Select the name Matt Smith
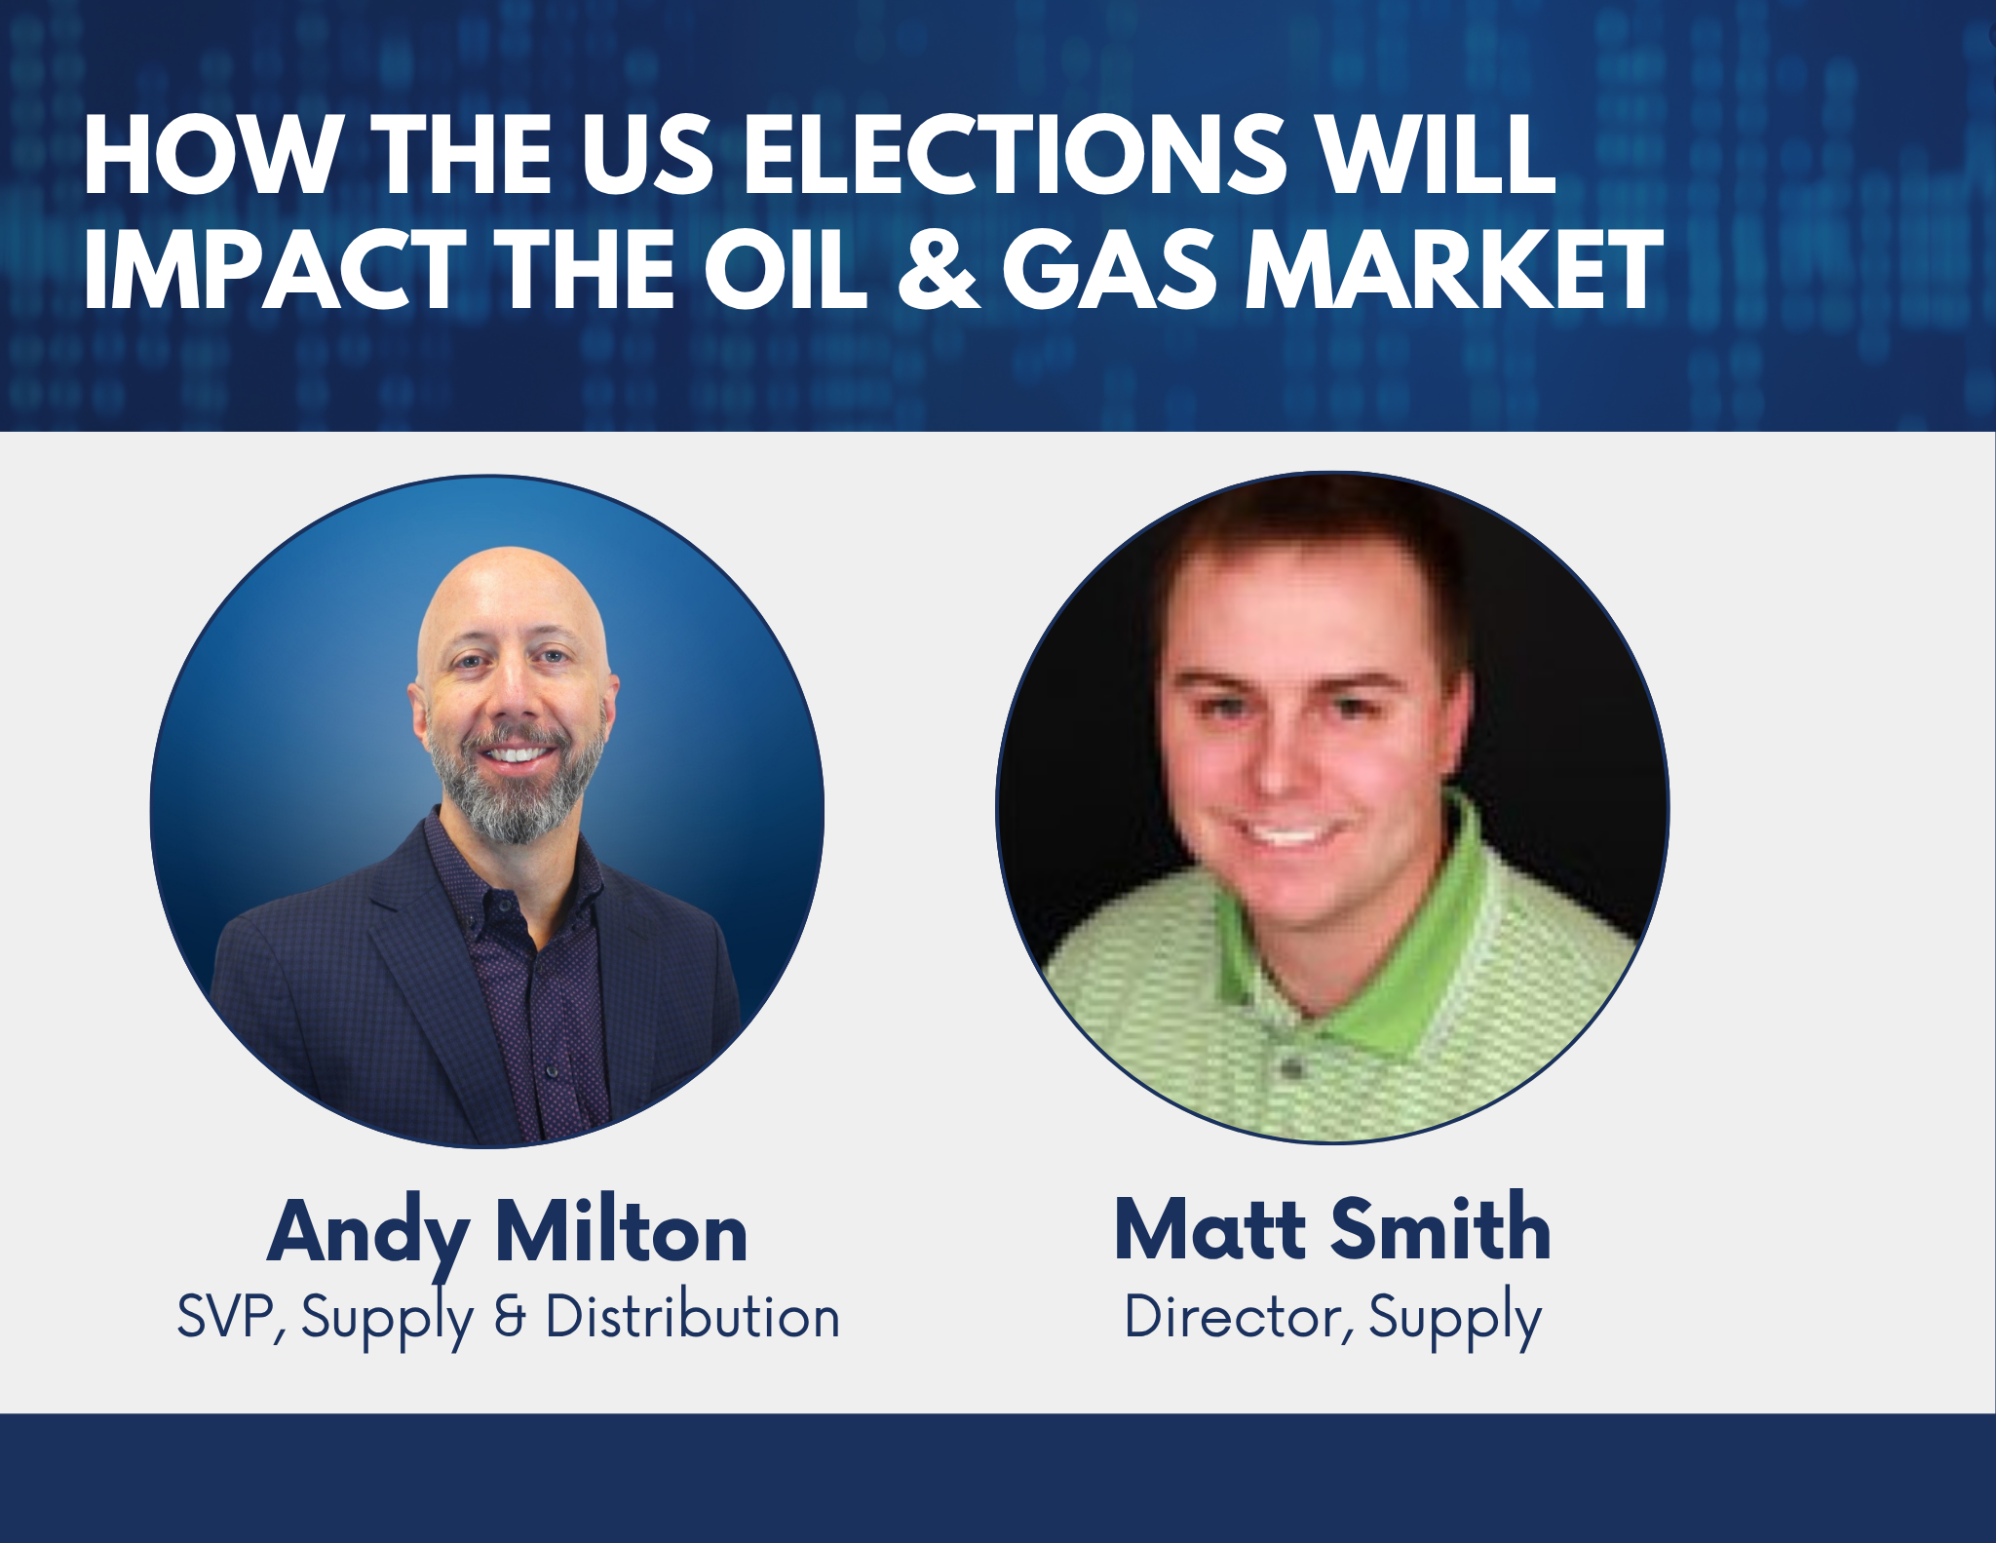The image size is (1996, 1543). (1332, 1229)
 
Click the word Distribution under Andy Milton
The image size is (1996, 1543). (692, 1318)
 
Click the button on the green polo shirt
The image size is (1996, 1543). (1293, 1069)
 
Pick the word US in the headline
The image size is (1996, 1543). (648, 156)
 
